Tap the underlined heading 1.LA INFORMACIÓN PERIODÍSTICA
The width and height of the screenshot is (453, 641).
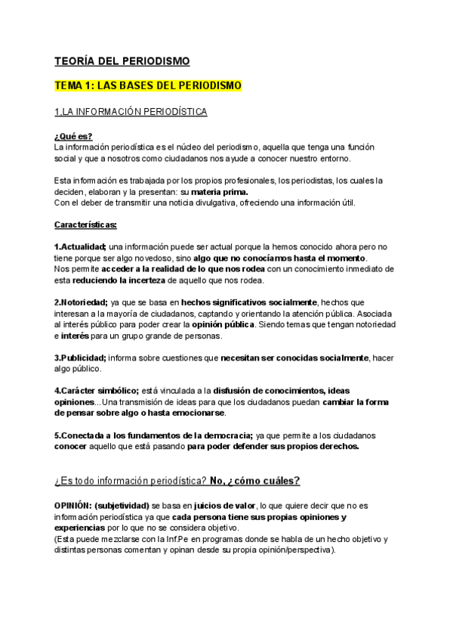click(131, 113)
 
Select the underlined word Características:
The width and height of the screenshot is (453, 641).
click(85, 225)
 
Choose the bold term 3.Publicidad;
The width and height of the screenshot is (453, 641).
click(81, 357)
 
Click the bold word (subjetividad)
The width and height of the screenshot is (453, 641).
click(123, 505)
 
